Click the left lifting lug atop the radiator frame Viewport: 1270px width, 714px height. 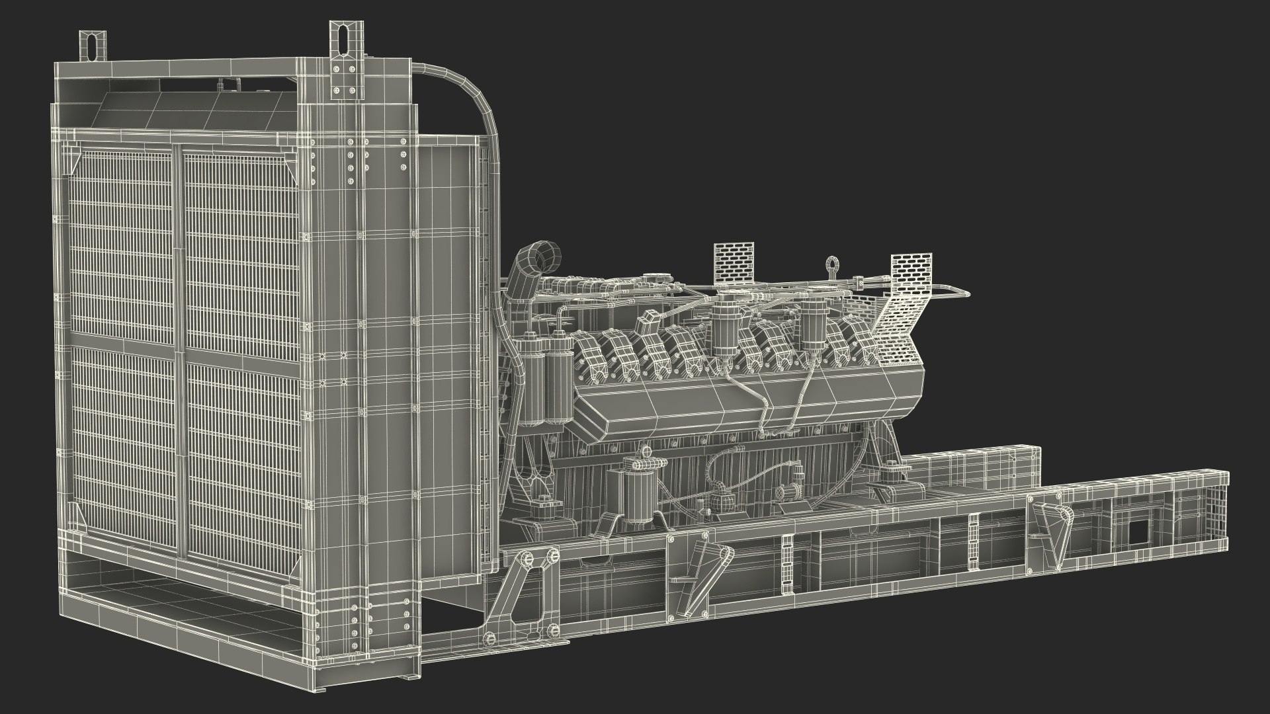[91, 46]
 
